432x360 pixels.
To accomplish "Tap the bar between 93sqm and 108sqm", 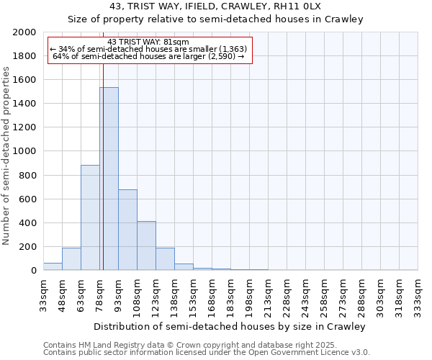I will (x=127, y=230).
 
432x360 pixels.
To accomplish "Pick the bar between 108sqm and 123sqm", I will (x=146, y=246).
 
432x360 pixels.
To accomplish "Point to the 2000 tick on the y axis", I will (x=24, y=32).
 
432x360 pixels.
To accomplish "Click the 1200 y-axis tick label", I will (x=24, y=127).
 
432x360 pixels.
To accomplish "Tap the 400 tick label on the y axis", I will (x=27, y=223).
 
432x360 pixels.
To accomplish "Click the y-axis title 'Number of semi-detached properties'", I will (x=7, y=156).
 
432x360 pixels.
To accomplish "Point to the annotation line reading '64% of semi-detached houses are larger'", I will (x=149, y=56).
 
